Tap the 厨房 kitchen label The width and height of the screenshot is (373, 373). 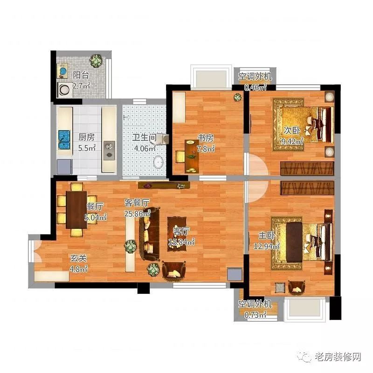86,138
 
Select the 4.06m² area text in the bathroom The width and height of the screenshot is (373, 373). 145,149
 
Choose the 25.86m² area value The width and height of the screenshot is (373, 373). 137,214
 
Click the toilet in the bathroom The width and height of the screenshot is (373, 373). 159,162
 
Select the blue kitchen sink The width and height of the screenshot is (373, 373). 62,138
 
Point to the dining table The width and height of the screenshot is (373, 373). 76,210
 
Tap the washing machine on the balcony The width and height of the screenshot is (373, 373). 63,89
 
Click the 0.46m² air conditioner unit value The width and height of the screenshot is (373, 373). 256,87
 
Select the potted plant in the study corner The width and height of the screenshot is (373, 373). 238,97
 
